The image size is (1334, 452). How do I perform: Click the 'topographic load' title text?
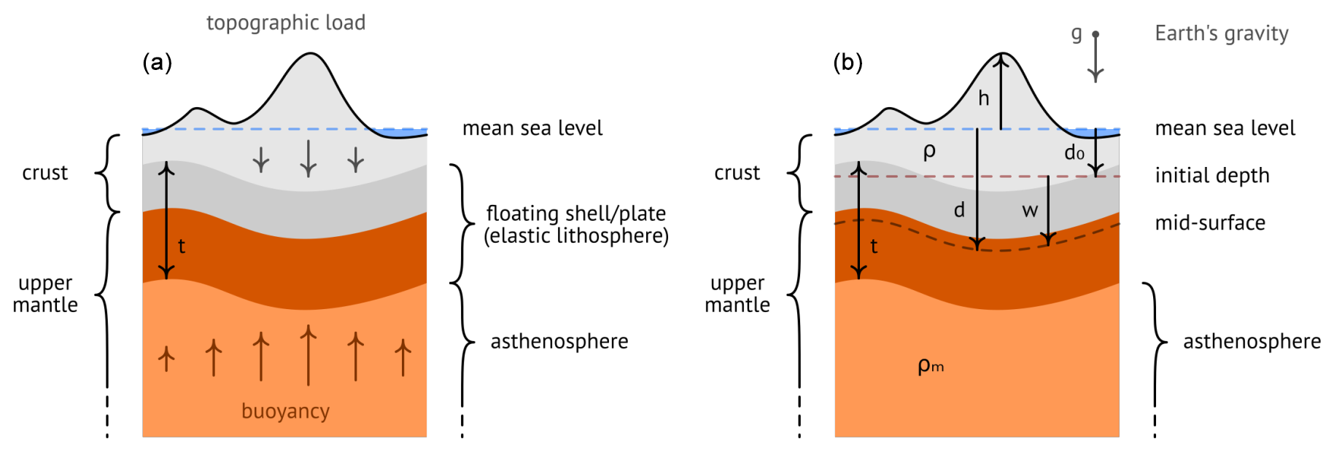pyautogui.click(x=286, y=23)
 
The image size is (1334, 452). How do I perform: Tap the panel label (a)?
pyautogui.click(x=157, y=63)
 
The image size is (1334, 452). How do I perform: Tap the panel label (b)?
pyautogui.click(x=848, y=63)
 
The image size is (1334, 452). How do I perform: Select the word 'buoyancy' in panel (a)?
pyautogui.click(x=285, y=412)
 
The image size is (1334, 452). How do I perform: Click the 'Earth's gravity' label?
pyautogui.click(x=1222, y=34)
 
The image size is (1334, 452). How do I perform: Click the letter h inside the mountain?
pyautogui.click(x=984, y=98)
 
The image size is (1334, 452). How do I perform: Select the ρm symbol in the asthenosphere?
pyautogui.click(x=930, y=365)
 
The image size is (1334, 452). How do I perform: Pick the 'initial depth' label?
pyautogui.click(x=1212, y=176)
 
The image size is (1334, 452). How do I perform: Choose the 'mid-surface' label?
pyautogui.click(x=1210, y=223)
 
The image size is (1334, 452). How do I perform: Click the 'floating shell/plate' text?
pyautogui.click(x=576, y=214)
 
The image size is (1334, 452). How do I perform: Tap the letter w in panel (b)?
pyautogui.click(x=1030, y=211)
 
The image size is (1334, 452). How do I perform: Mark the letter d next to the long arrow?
pyautogui.click(x=959, y=211)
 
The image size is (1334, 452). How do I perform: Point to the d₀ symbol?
pyautogui.click(x=1074, y=153)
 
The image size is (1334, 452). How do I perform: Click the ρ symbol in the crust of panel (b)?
pyautogui.click(x=929, y=152)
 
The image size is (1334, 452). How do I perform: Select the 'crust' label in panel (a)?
pyautogui.click(x=45, y=173)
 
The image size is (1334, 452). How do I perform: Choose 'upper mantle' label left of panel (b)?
pyautogui.click(x=737, y=294)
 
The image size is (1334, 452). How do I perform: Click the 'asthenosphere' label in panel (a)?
pyautogui.click(x=559, y=342)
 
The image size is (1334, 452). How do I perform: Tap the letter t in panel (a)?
pyautogui.click(x=182, y=246)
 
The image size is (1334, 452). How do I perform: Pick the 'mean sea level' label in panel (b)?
pyautogui.click(x=1225, y=128)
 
